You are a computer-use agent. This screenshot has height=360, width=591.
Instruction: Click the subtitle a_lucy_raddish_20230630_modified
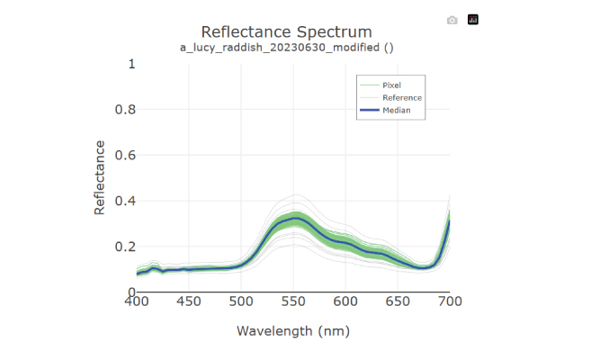point(286,48)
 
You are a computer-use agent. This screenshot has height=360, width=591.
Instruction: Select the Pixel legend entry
point(391,85)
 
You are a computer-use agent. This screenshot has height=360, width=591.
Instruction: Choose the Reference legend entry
point(401,97)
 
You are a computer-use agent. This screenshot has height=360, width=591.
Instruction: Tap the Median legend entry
point(396,110)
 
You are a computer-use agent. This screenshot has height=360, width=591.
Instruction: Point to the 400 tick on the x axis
point(137,302)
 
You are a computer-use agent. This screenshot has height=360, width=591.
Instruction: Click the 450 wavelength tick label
point(189,302)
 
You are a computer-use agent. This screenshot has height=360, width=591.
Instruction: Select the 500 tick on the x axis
point(241,302)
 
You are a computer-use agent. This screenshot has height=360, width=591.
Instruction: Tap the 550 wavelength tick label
point(293,302)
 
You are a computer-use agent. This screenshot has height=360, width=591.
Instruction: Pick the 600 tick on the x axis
point(345,302)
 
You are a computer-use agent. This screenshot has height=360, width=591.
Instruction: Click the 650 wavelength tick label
point(398,302)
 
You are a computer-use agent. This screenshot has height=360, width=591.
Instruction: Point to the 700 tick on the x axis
point(449,302)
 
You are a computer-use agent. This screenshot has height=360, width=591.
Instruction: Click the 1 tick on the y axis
point(131,64)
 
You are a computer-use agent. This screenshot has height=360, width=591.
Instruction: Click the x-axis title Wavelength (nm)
point(292,331)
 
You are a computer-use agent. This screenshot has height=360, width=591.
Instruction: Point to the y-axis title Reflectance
point(100,177)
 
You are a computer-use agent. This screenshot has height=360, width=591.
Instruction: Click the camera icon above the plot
point(452,20)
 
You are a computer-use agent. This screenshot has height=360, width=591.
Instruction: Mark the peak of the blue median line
point(296,218)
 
